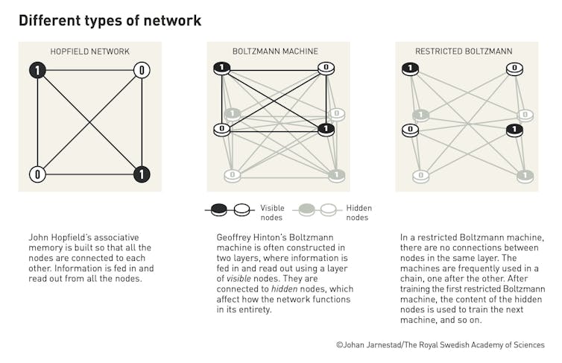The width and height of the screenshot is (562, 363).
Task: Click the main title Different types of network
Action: tap(110, 20)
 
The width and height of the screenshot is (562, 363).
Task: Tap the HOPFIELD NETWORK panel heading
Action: tap(89, 51)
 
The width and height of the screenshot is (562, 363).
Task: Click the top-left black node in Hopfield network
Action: tap(38, 71)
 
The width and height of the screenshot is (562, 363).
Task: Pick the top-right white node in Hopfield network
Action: tap(142, 71)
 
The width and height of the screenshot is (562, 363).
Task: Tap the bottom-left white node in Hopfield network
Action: tap(38, 174)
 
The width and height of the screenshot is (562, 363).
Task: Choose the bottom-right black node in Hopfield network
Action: tap(142, 174)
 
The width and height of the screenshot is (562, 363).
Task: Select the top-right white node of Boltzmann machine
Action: tap(325, 69)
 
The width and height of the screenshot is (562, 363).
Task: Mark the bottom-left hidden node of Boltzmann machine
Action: tap(233, 175)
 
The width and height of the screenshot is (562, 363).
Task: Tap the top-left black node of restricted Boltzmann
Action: tap(410, 69)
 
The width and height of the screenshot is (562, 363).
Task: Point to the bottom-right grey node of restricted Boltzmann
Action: tap(525, 175)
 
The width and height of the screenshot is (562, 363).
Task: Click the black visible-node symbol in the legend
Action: tap(220, 211)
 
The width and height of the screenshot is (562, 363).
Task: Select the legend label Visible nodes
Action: tap(273, 212)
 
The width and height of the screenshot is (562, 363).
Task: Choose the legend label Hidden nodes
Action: tap(359, 212)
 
